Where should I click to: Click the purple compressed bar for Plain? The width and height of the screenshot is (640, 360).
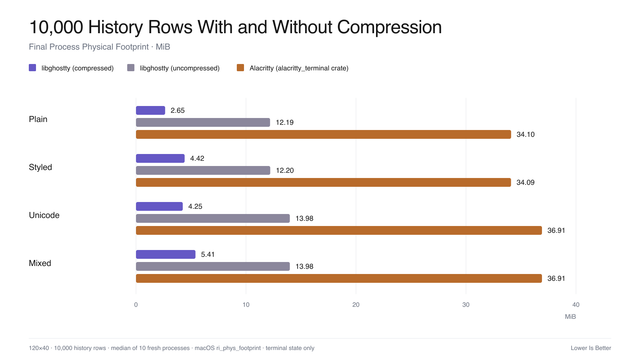click(150, 110)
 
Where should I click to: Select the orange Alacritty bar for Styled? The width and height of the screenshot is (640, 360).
click(323, 182)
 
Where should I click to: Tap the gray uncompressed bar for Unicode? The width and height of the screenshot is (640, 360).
click(213, 218)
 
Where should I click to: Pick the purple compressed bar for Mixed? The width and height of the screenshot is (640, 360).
click(166, 254)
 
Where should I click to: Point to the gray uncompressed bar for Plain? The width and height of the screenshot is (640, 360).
click(203, 122)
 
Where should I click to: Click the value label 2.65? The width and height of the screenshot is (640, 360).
click(178, 110)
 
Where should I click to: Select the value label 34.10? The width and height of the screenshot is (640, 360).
click(525, 134)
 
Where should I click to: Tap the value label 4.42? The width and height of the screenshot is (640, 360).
click(197, 158)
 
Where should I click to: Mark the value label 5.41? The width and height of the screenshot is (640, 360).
click(208, 254)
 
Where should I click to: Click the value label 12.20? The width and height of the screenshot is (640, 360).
click(285, 170)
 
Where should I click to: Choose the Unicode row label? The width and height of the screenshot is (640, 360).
click(44, 215)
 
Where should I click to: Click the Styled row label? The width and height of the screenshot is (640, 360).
click(40, 167)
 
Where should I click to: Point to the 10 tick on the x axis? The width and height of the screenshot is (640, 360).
click(246, 305)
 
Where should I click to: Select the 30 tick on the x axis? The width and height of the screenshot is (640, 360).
click(466, 305)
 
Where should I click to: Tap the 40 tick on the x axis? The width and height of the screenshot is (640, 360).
click(576, 305)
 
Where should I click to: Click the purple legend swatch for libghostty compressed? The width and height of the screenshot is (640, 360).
click(33, 68)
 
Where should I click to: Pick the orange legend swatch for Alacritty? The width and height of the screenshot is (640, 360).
click(240, 68)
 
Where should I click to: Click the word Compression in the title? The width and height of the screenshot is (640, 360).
click(389, 27)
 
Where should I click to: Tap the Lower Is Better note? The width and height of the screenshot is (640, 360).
click(591, 348)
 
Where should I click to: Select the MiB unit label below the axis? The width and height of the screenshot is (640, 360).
click(570, 317)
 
